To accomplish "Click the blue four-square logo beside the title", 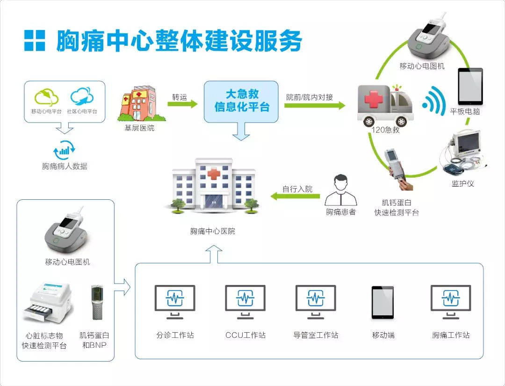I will pos(35,41).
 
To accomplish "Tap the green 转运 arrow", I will pos(182,104).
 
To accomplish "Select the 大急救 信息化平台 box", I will pos(241,102).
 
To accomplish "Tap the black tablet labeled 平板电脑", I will pos(470,86).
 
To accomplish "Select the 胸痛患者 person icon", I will pos(341,190).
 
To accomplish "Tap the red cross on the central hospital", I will pos(214,175).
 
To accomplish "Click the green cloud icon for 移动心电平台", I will pos(47,97).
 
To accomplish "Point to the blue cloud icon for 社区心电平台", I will pos(82,96).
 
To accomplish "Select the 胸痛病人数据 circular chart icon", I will pos(65,150).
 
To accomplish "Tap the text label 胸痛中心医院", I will pos(213,231).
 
